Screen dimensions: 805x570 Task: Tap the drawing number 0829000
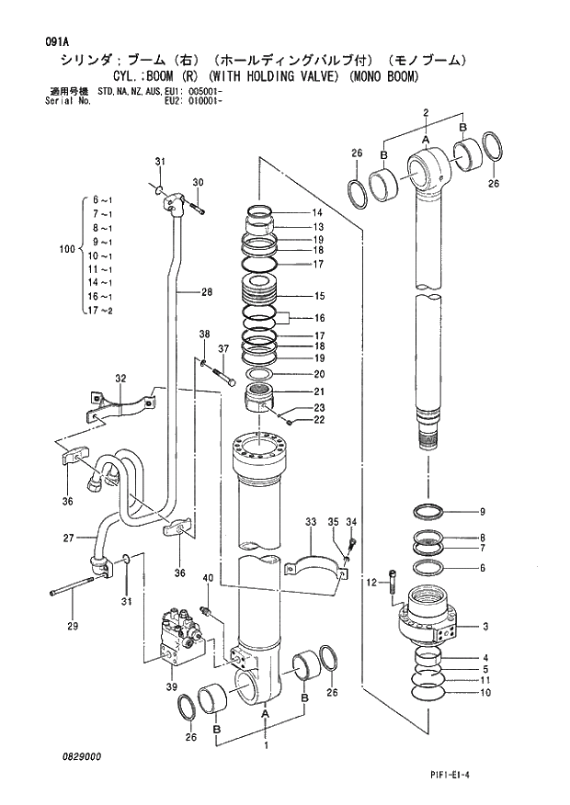click(x=83, y=755)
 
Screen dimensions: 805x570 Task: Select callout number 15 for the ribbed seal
click(x=320, y=296)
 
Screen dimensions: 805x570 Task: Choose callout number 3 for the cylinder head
click(x=484, y=627)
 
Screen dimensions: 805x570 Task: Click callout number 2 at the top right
click(x=426, y=112)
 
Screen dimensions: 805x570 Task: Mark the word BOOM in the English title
click(x=174, y=77)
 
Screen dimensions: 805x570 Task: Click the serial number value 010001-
click(x=204, y=101)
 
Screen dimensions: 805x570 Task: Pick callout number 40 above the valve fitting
click(x=208, y=577)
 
